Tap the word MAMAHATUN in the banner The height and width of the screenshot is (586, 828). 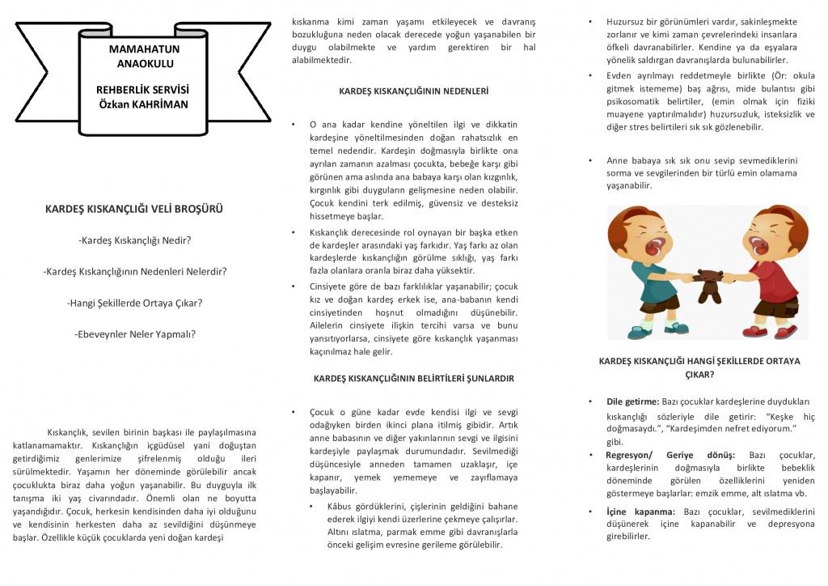click(142, 49)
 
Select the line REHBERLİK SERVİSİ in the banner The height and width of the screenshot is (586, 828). click(142, 90)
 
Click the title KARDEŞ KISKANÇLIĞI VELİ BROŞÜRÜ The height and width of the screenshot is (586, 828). click(134, 209)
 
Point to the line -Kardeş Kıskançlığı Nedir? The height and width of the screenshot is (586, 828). click(135, 240)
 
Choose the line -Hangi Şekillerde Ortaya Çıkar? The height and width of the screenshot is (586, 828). click(135, 303)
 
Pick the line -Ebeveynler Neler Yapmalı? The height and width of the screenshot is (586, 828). click(135, 333)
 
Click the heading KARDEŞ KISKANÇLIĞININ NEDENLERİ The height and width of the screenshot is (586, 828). click(413, 91)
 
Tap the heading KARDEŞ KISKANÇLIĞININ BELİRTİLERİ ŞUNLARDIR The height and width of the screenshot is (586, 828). click(413, 378)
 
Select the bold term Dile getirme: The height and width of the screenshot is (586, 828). click(633, 401)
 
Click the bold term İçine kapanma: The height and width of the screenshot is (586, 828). click(640, 512)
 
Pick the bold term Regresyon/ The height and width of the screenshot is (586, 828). click(631, 455)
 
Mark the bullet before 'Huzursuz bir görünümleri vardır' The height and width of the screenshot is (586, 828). click(589, 21)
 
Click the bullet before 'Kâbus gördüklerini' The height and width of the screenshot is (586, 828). click(312, 506)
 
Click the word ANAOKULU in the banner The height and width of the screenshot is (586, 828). click(142, 62)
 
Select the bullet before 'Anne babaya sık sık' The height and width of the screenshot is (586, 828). click(589, 160)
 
